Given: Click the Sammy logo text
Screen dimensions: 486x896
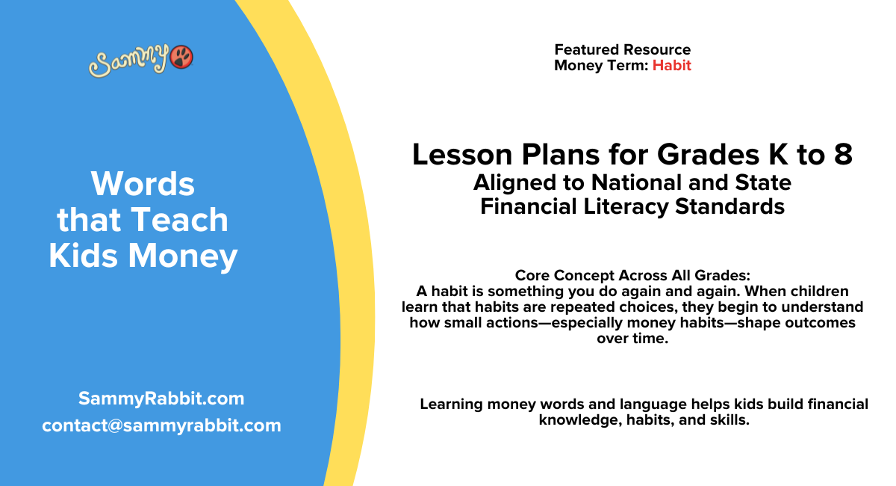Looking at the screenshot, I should [x=129, y=61].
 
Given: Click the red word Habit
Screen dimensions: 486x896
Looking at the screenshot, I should [x=671, y=66].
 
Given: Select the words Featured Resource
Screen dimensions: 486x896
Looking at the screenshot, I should [x=622, y=50].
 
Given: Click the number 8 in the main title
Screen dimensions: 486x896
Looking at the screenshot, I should [x=842, y=155].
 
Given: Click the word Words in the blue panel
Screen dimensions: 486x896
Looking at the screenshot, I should [x=143, y=183].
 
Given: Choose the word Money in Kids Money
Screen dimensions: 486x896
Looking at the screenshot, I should [x=184, y=256].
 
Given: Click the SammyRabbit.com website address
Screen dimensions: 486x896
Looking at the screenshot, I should [x=161, y=399].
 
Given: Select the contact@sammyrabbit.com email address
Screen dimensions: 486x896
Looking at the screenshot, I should [x=161, y=425].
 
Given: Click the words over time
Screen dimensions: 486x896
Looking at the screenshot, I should [x=632, y=338].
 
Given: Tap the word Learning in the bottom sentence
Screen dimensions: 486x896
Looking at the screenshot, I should [x=451, y=405].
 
